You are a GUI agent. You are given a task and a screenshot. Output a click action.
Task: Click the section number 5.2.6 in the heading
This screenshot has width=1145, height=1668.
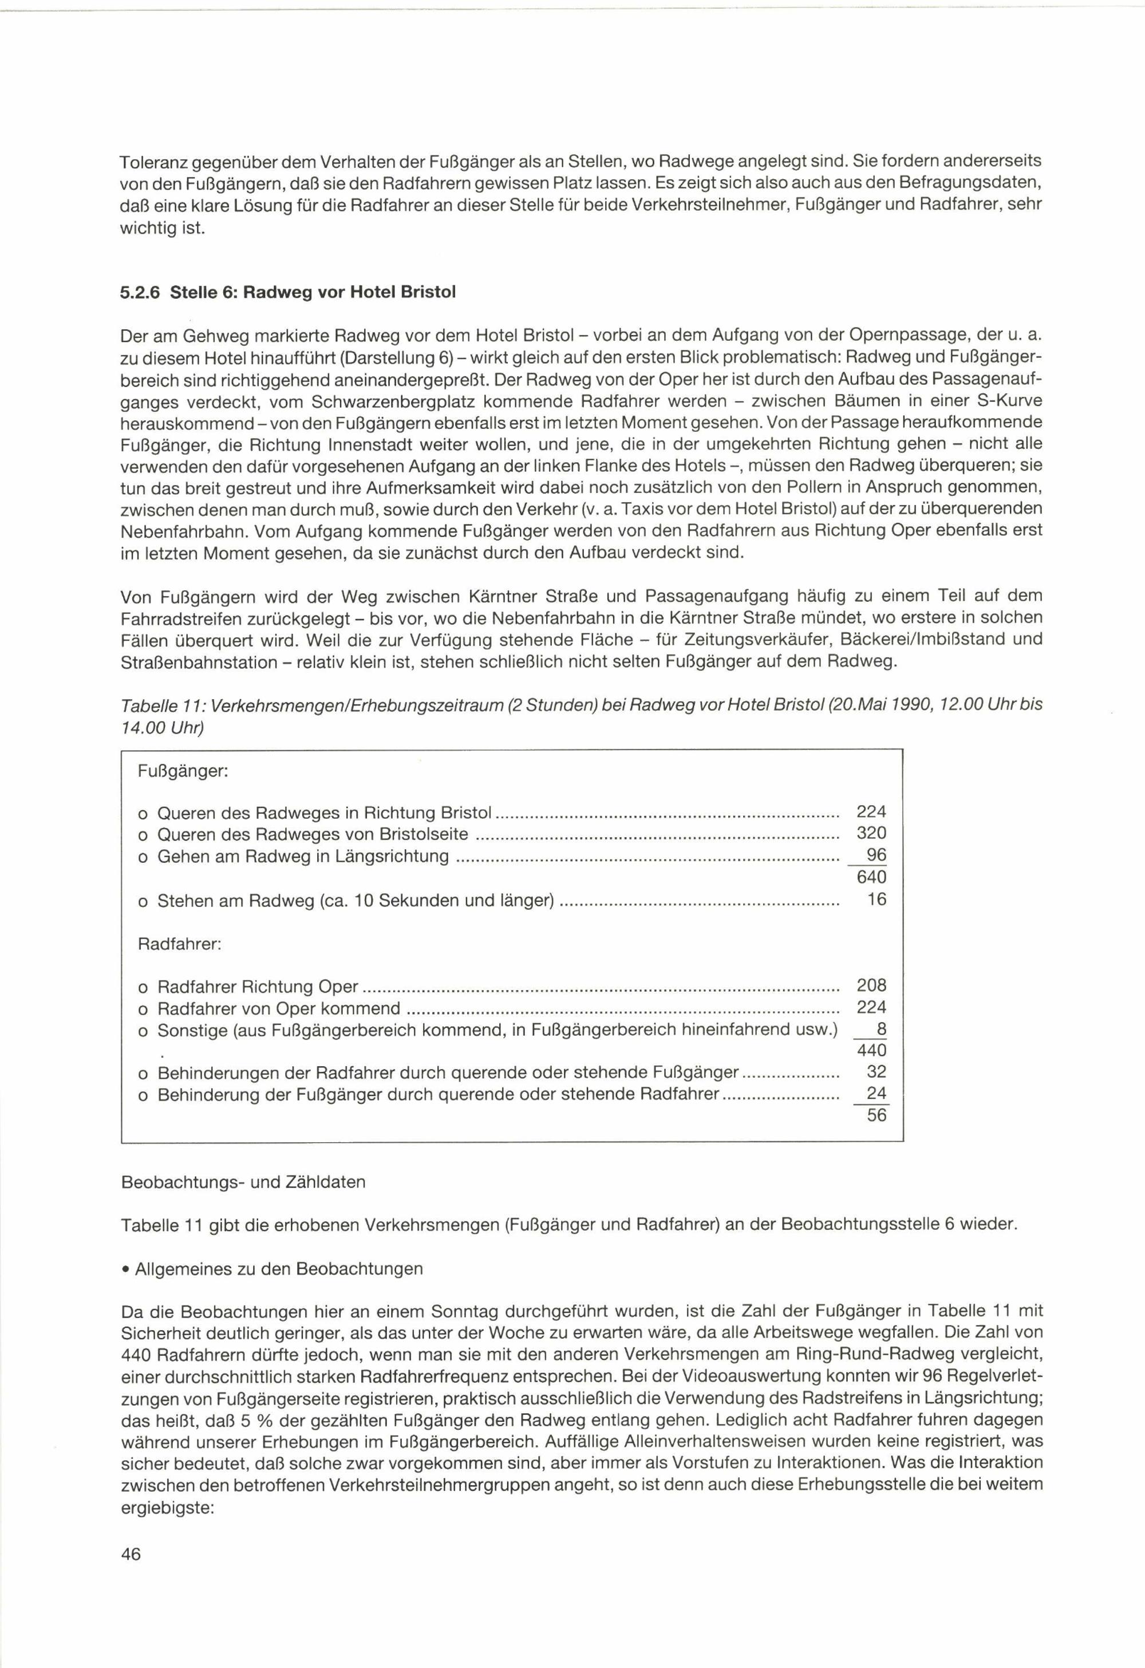[x=141, y=293]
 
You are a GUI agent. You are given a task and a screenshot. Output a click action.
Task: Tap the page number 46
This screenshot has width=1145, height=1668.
[x=131, y=1554]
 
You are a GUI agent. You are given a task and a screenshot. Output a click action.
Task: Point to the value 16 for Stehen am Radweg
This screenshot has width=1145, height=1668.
[x=876, y=900]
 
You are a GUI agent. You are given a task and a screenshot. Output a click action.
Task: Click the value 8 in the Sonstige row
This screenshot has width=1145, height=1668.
[x=881, y=1029]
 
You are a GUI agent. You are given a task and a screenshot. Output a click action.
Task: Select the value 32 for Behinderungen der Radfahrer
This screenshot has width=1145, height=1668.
[x=876, y=1072]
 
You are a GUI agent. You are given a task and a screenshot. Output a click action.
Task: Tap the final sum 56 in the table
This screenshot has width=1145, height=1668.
[x=876, y=1115]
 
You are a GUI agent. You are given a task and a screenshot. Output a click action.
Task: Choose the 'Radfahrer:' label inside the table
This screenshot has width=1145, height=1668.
[x=179, y=945]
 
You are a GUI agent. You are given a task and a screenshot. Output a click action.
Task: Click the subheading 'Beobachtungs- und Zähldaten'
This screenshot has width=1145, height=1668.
[x=243, y=1182]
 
